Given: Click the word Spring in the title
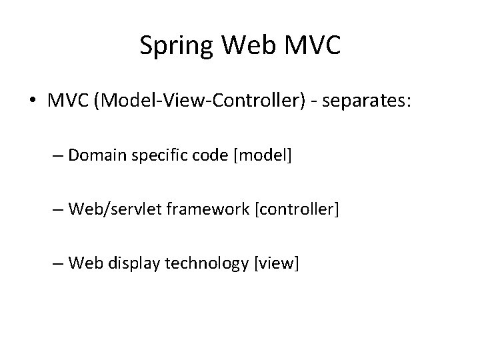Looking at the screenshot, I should click(174, 46).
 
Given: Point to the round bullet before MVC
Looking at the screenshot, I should click(33, 101).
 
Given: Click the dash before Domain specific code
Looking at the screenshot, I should click(57, 156).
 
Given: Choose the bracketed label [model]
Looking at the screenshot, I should click(265, 156).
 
